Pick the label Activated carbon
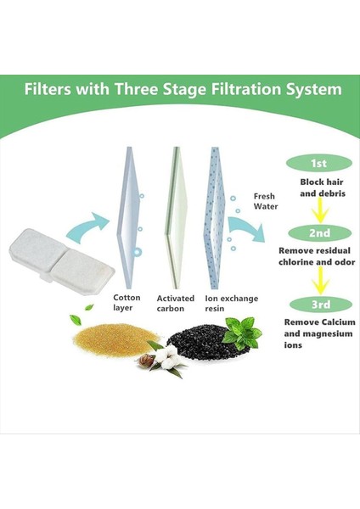(175, 304)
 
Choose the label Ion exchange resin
(226, 304)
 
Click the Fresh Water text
(264, 201)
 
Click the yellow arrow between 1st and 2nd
(318, 209)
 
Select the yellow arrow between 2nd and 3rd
(318, 279)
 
